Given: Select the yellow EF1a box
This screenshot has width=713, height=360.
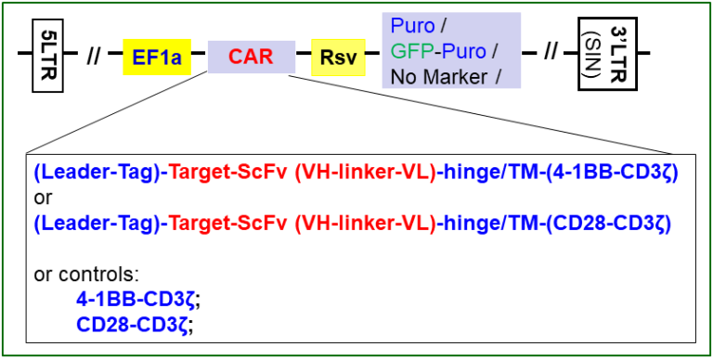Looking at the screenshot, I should coord(156,58).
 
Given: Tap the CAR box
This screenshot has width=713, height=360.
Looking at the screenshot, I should coord(252,58).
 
